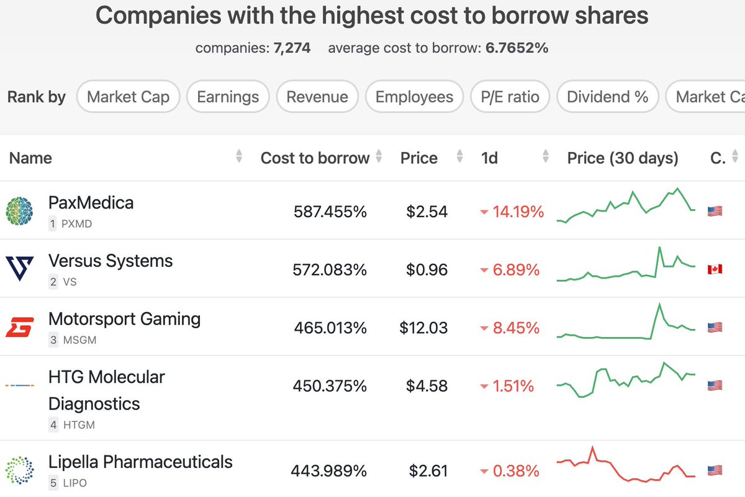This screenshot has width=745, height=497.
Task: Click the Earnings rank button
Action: [x=227, y=97]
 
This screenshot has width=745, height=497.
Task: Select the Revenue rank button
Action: [x=317, y=97]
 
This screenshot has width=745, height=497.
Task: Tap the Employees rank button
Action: [x=414, y=97]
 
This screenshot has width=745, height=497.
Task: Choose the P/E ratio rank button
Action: [x=510, y=97]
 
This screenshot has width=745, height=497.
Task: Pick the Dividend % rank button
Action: [x=607, y=97]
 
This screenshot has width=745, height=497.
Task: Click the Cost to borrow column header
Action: [x=315, y=158]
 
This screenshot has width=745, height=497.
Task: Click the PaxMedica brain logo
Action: [x=20, y=211]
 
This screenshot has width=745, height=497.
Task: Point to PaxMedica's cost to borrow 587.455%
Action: [x=330, y=212]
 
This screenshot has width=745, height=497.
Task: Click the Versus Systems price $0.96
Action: [x=427, y=270]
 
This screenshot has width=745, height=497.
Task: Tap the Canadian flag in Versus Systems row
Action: [x=715, y=269]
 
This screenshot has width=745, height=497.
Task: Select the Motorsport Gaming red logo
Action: [x=20, y=327]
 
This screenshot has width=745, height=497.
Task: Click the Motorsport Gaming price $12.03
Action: [x=423, y=328]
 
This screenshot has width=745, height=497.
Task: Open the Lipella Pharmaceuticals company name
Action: [x=140, y=462]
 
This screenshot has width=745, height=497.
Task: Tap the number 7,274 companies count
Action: [x=292, y=48]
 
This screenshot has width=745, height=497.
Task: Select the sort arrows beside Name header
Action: [x=239, y=158]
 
